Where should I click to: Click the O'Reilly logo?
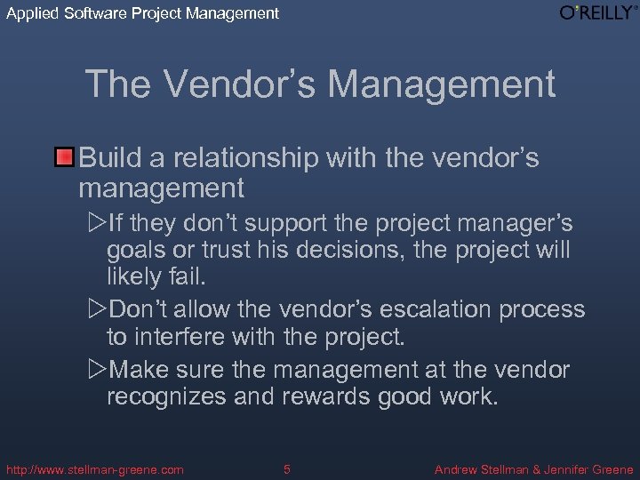pyautogui.click(x=597, y=12)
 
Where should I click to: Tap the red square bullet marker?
pyautogui.click(x=64, y=158)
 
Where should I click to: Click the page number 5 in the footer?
pyautogui.click(x=286, y=468)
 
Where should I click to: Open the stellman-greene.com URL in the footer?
pyautogui.click(x=94, y=468)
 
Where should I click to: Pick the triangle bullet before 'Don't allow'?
pyautogui.click(x=97, y=308)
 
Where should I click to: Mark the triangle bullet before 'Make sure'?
pyautogui.click(x=97, y=368)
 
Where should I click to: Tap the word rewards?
pyautogui.click(x=329, y=396)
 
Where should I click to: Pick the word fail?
pyautogui.click(x=188, y=277)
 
